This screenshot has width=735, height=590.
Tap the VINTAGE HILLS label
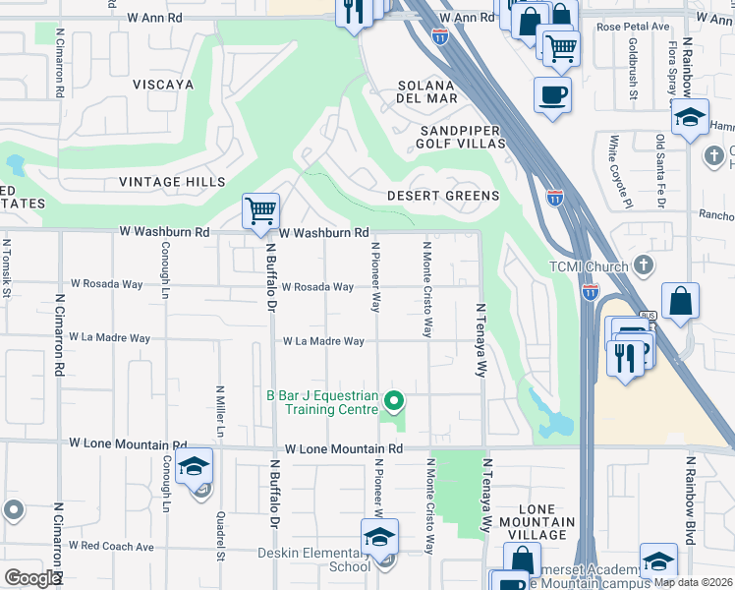[x=172, y=182]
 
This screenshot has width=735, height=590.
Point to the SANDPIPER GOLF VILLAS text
[x=462, y=137]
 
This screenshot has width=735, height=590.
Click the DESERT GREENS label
[x=444, y=196]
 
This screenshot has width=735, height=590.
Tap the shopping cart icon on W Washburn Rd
[x=260, y=210]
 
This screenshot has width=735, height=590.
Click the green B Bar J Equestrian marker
[x=393, y=400]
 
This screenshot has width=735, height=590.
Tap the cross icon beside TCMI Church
[x=643, y=265]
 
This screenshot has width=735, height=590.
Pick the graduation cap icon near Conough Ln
[x=195, y=467]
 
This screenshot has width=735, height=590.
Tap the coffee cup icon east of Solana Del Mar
[x=552, y=94]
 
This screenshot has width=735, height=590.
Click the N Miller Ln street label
[x=220, y=412]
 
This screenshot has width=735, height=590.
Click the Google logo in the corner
[x=32, y=578]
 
